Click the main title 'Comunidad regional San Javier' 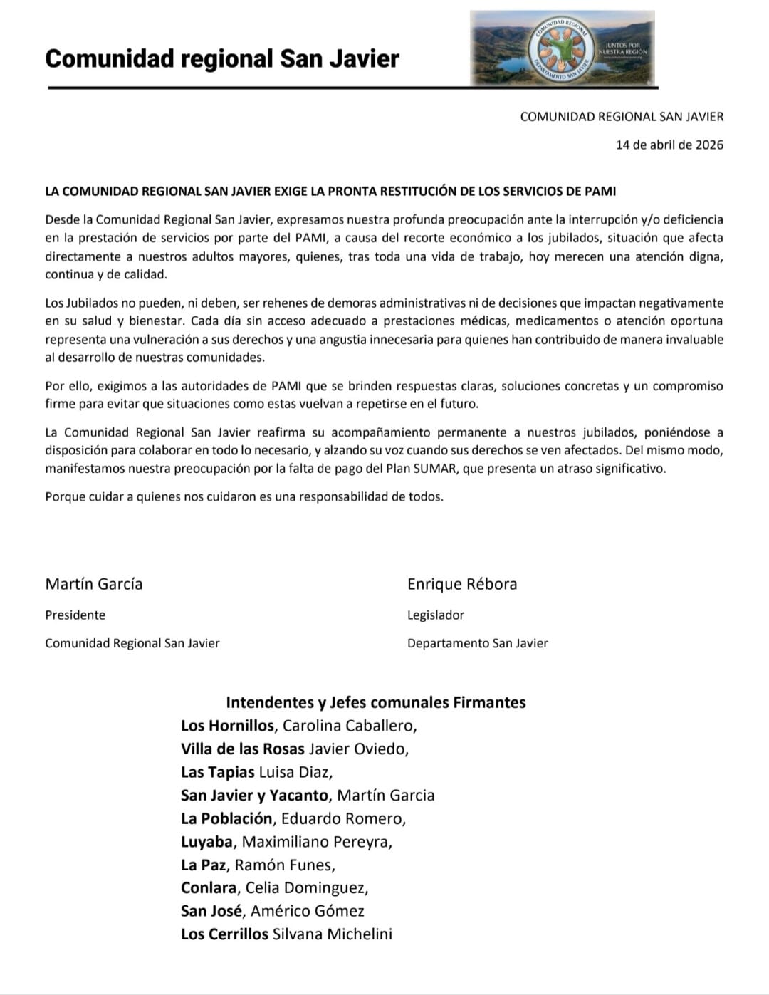(221, 58)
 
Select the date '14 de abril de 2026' (669, 145)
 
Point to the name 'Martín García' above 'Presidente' (94, 584)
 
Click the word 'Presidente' (75, 615)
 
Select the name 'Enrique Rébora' (462, 584)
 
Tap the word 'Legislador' (435, 615)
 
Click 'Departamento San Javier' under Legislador (477, 643)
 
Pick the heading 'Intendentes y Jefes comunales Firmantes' (375, 702)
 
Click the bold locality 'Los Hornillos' (227, 726)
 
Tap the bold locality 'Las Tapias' (217, 772)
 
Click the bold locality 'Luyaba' (206, 842)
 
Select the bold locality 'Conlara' (209, 888)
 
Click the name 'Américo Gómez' (307, 911)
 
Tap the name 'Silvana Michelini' (332, 934)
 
